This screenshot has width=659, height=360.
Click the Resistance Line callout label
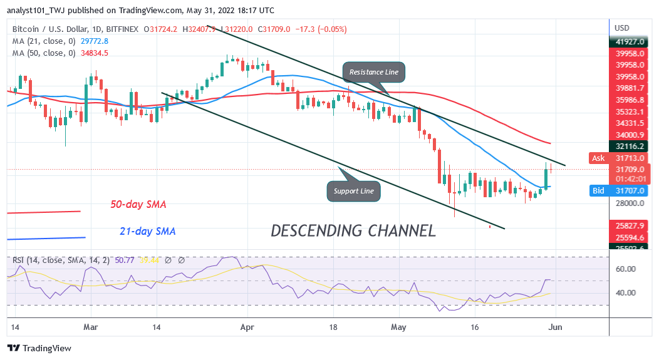[374, 72]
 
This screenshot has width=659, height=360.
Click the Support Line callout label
[353, 190]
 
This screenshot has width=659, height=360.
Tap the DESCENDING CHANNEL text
[353, 230]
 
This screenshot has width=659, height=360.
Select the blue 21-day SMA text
[148, 231]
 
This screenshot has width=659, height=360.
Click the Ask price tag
[598, 158]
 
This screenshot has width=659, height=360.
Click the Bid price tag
[598, 190]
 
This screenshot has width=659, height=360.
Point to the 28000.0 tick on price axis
[629, 203]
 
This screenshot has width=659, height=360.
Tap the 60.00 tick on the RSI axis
[626, 269]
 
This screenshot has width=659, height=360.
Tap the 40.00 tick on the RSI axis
[626, 292]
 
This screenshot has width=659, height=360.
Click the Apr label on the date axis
[247, 327]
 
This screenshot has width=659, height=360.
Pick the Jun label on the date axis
[556, 327]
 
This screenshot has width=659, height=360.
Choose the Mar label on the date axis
[92, 327]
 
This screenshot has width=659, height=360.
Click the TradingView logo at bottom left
[39, 347]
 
